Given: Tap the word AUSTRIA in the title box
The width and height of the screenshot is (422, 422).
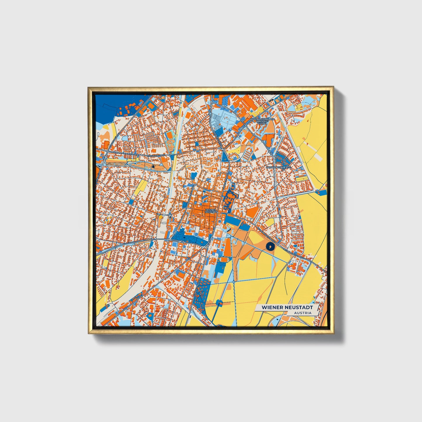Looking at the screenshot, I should coord(303,313).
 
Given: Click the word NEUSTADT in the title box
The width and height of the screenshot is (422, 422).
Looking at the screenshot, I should coord(300,308).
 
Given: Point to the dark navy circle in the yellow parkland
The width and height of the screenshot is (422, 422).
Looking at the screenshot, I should coord(270,247).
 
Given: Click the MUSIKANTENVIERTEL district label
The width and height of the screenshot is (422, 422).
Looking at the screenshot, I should coord(279,167).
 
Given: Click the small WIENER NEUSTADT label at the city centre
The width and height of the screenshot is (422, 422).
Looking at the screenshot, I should coord(211,211).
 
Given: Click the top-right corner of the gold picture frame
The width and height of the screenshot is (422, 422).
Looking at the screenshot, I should coord(333,87).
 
